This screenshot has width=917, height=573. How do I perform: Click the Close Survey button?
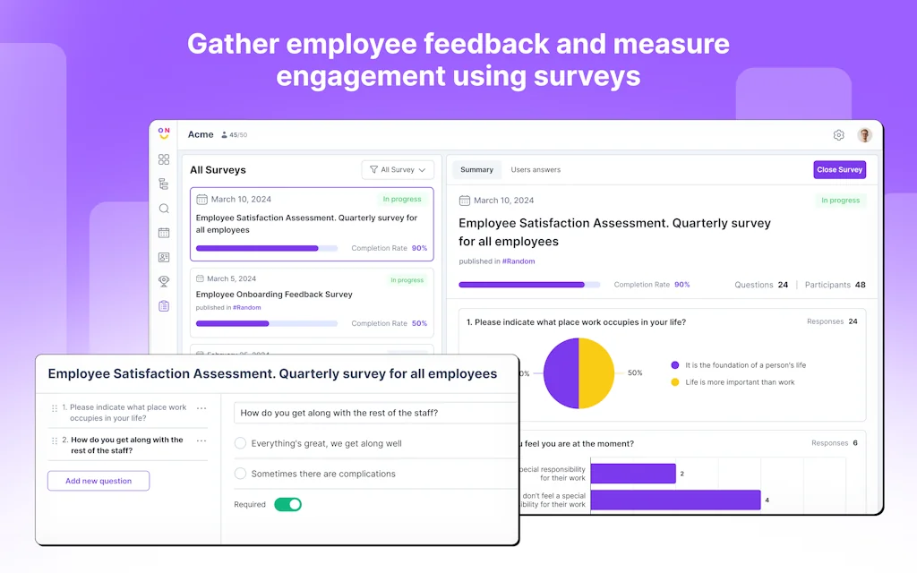[x=839, y=170]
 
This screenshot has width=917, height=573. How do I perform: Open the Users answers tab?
[x=536, y=170]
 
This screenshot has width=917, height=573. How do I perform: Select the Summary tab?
[x=476, y=170]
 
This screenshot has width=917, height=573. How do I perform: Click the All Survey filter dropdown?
[x=398, y=169]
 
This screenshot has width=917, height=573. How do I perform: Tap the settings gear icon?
[x=839, y=135]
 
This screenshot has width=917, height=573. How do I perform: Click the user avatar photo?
[x=864, y=135]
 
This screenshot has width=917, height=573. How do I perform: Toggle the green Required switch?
[x=287, y=504]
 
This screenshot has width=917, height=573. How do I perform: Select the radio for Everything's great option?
[x=240, y=443]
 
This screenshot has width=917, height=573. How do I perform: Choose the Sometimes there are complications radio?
[x=240, y=474]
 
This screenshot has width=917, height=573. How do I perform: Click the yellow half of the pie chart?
[x=597, y=373]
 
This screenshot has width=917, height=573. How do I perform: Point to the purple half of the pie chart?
[x=561, y=373]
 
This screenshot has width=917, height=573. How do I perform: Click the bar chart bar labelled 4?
[x=675, y=500]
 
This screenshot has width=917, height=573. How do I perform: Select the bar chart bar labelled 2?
[x=632, y=474]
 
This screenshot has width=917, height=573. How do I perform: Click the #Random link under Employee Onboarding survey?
[x=247, y=307]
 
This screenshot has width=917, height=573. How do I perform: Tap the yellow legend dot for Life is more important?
[x=674, y=382]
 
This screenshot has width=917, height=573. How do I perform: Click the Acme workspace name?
[x=201, y=134]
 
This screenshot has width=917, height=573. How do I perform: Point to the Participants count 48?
[x=860, y=285]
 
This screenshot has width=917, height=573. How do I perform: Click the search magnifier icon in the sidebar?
[x=164, y=209]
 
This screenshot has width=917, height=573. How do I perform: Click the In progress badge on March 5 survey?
[x=407, y=280]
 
